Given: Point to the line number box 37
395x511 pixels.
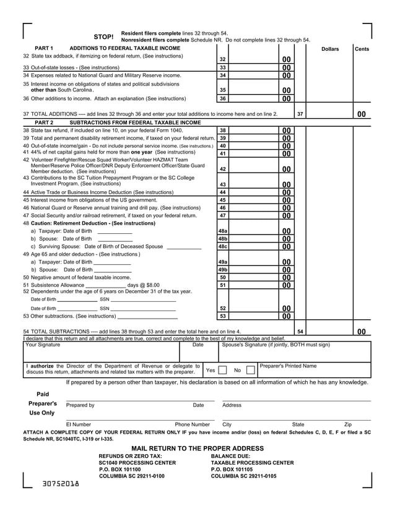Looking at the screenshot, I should click(300, 114).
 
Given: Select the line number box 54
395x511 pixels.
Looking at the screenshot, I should click(300, 332).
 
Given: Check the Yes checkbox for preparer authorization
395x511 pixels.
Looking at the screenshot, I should click(222, 371).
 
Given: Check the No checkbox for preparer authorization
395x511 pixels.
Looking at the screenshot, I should click(250, 371).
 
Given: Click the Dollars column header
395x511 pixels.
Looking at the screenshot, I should click(329, 49).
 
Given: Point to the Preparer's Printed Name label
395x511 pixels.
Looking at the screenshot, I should click(288, 366).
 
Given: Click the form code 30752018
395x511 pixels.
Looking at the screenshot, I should click(61, 483).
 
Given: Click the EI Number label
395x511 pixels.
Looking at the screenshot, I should click(79, 425).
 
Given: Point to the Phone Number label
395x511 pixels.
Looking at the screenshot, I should click(192, 425).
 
